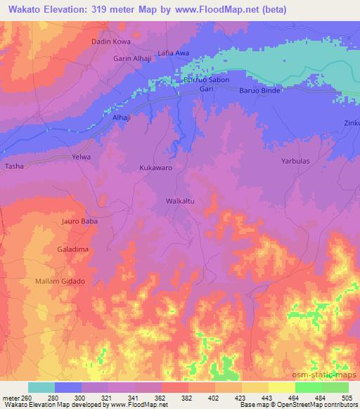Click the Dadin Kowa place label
tap(111, 42)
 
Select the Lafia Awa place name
tap(174, 53)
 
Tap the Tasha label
tap(14, 167)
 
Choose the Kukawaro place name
tap(155, 169)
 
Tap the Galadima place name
tap(72, 249)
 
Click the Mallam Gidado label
tap(60, 281)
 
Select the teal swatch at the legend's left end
tap(41, 387)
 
